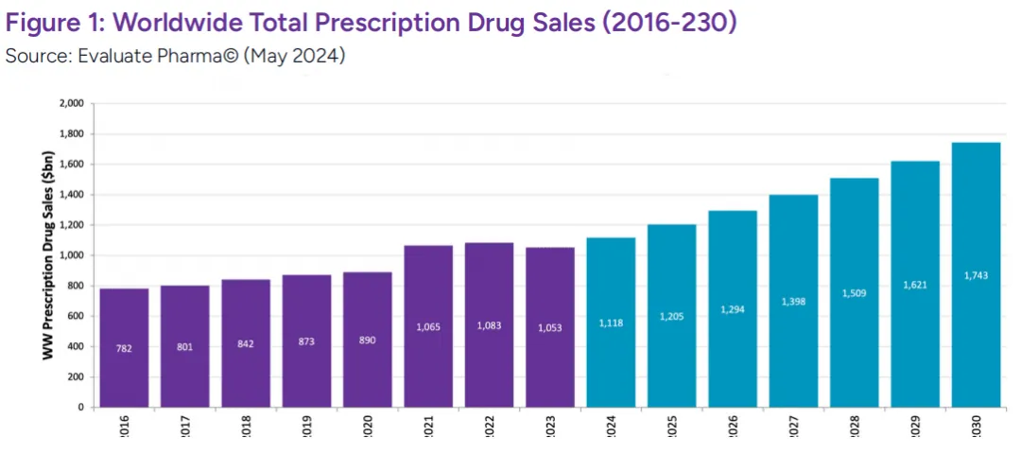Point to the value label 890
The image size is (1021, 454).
(x=368, y=340)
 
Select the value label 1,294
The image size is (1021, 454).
(x=733, y=309)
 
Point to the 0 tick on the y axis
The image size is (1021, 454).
(x=81, y=408)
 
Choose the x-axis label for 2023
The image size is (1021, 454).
(x=551, y=428)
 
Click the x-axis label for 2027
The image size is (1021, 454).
(x=794, y=428)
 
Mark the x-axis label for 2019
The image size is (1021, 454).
(x=307, y=428)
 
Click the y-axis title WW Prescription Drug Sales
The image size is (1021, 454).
(x=45, y=255)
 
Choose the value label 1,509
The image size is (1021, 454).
(x=855, y=293)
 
